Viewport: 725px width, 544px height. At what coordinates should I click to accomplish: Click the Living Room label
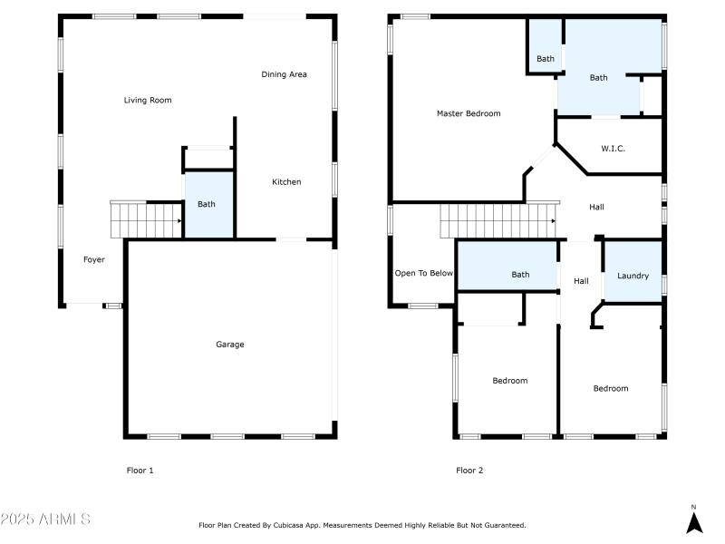pos(148,100)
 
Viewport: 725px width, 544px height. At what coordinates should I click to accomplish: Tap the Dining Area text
pos(284,74)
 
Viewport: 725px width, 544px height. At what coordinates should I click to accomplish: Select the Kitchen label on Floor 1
pos(286,182)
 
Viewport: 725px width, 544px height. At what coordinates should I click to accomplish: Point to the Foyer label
pos(94,259)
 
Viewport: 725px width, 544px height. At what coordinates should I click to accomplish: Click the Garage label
pos(229,344)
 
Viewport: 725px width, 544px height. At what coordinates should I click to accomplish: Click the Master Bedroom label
pos(468,113)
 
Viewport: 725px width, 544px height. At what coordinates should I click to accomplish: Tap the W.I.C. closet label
pos(613,148)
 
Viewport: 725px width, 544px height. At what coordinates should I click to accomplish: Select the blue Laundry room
pos(633,275)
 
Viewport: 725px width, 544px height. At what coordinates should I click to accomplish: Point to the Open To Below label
pos(423,273)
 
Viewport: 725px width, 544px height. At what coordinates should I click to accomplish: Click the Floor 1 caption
pos(140,471)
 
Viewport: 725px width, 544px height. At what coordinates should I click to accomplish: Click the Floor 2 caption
pos(469,471)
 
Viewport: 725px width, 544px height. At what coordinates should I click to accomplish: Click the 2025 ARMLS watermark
pos(45,520)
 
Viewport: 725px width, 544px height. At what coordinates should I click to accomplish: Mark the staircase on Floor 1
pos(146,219)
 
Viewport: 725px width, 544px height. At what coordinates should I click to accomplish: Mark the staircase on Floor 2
pos(497,219)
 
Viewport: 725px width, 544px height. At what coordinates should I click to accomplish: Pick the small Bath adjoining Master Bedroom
pos(545,59)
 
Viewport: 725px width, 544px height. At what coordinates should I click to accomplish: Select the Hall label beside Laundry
pos(581,281)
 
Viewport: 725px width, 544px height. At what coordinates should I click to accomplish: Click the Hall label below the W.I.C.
pos(596,207)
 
